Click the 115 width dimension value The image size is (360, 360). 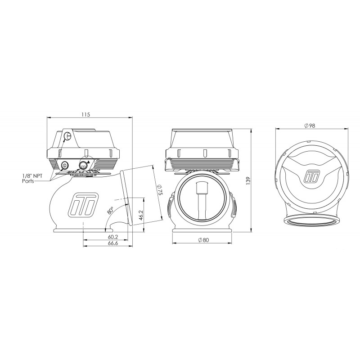(x=85, y=114)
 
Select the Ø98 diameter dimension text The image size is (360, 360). (x=310, y=126)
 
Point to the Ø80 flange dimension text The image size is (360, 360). (x=203, y=240)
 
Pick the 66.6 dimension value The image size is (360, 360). (x=113, y=243)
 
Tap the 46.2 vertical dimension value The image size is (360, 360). (x=141, y=215)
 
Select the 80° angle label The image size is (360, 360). (x=111, y=210)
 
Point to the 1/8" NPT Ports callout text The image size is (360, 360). (x=32, y=179)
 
